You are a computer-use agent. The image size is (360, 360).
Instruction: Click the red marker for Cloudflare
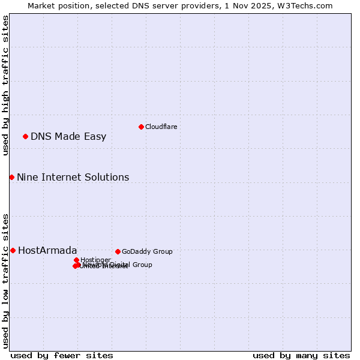pyautogui.click(x=141, y=127)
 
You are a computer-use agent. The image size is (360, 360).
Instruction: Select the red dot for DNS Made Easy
pyautogui.click(x=25, y=136)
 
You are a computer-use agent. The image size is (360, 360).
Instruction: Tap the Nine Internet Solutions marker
pyautogui.click(x=11, y=177)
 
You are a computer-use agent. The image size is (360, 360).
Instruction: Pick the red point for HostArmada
pyautogui.click(x=13, y=250)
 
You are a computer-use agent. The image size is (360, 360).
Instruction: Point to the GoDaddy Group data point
pyautogui.click(x=118, y=251)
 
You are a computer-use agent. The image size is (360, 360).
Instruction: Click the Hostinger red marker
pyautogui.click(x=76, y=260)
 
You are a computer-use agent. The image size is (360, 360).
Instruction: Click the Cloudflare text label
pyautogui.click(x=161, y=127)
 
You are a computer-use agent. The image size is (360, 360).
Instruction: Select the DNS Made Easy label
pyautogui.click(x=68, y=136)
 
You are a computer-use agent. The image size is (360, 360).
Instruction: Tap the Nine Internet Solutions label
pyautogui.click(x=73, y=177)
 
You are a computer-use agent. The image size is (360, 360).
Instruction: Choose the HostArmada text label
pyautogui.click(x=47, y=250)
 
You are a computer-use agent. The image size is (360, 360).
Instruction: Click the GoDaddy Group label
pyautogui.click(x=147, y=251)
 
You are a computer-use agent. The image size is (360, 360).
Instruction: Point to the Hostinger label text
pyautogui.click(x=95, y=260)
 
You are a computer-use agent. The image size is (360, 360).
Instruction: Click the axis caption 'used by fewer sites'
pyautogui.click(x=62, y=355)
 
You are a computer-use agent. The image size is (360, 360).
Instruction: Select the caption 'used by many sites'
pyautogui.click(x=301, y=355)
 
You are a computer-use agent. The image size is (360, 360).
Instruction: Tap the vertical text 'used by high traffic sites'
pyautogui.click(x=5, y=86)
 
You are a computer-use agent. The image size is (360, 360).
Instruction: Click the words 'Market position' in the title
pyautogui.click(x=57, y=5)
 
